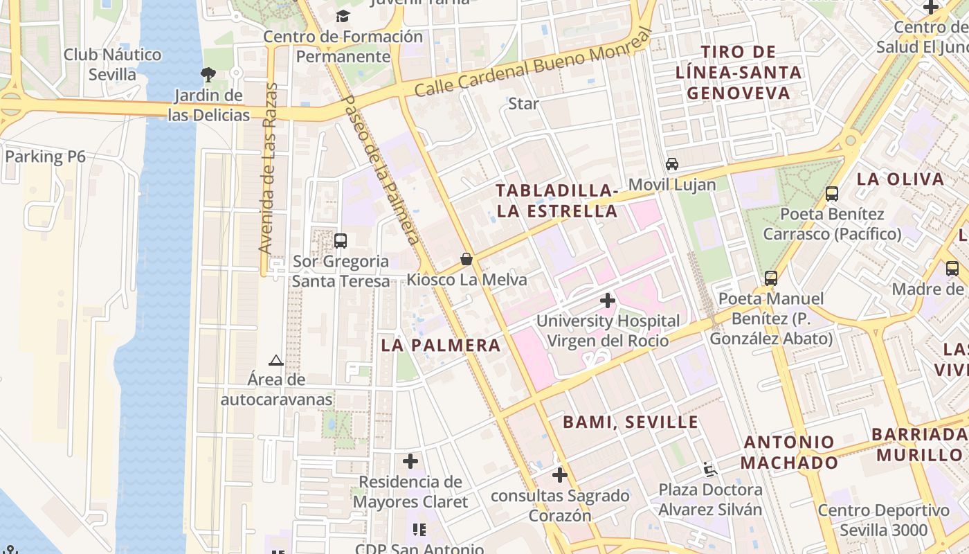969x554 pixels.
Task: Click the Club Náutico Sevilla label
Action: pos(112,64)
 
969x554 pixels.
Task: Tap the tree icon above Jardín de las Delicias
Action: pos(208,74)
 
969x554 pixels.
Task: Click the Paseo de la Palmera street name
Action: pos(381,170)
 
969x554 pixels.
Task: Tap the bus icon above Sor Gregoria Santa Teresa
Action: pos(340,240)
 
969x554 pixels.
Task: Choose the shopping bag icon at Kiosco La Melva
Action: pos(467,259)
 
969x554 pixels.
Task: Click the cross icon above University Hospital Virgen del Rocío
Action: pos(608,301)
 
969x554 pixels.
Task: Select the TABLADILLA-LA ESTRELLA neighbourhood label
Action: pos(556,201)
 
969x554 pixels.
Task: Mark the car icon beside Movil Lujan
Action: pos(671,164)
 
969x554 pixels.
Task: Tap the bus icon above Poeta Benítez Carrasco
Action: pos(832,194)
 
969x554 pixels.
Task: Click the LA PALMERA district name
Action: pos(440,345)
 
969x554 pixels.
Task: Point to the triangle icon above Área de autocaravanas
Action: pos(276,360)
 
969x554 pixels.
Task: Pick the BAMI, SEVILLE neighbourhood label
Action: pos(630,422)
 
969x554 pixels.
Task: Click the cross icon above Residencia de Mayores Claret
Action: pos(410,461)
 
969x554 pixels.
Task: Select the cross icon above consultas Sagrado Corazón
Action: pos(560,475)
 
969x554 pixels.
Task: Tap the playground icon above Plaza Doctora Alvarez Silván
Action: pos(709,469)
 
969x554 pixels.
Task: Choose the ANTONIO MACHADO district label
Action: pos(789,452)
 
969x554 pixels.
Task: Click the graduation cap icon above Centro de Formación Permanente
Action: pos(343,16)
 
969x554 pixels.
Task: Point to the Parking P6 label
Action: pos(45,157)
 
